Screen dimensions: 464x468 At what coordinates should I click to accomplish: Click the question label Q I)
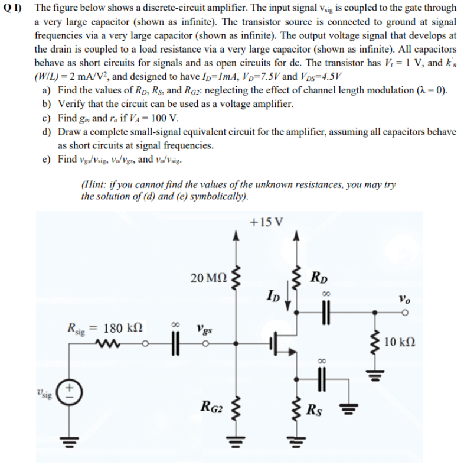tap(13, 8)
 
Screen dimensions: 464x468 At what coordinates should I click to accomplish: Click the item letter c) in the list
tap(46, 118)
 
